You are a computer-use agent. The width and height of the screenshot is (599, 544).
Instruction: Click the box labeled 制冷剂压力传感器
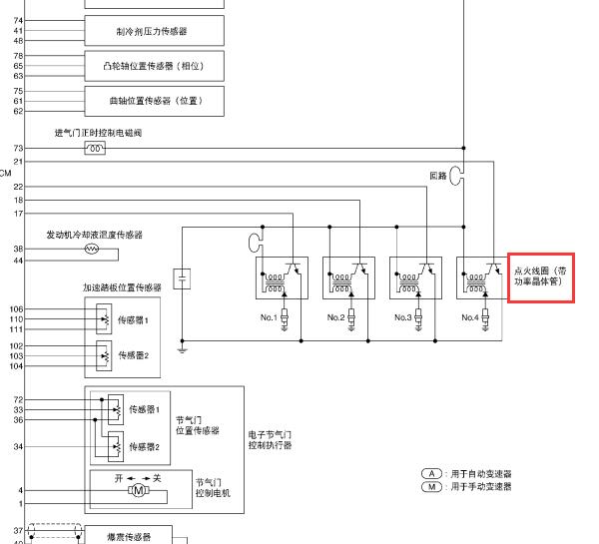(x=154, y=32)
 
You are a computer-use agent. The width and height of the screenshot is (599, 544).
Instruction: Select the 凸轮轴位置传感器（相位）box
(x=154, y=66)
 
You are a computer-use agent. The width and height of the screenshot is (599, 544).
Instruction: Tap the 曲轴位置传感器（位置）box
(x=154, y=100)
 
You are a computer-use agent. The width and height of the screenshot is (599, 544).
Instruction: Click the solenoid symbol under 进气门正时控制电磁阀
(x=96, y=149)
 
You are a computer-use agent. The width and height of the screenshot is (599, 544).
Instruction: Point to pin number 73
(x=18, y=149)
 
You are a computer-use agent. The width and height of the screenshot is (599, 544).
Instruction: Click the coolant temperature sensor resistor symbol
(x=93, y=249)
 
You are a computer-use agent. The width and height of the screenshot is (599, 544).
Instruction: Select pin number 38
(x=18, y=249)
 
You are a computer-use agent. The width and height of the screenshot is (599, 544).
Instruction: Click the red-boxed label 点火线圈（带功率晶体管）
(x=540, y=275)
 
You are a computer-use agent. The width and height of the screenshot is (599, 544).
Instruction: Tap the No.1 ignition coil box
(x=283, y=277)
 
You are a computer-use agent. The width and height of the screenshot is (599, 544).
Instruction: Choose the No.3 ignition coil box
(x=414, y=277)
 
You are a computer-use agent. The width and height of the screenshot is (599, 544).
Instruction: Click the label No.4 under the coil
(x=470, y=317)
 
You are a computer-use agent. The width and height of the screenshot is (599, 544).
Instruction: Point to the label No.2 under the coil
(x=335, y=317)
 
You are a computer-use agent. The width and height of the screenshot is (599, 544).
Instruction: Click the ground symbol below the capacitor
(x=182, y=348)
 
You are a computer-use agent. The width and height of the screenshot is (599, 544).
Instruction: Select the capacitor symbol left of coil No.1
(x=182, y=277)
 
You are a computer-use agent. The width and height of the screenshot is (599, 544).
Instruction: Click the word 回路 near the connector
(x=437, y=176)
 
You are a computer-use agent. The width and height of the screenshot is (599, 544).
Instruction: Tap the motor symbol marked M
(x=137, y=490)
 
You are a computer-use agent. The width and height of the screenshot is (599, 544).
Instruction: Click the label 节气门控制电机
(x=213, y=487)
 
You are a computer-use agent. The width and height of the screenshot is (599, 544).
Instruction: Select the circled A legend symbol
(x=431, y=473)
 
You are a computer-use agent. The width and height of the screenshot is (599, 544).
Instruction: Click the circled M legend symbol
(x=431, y=486)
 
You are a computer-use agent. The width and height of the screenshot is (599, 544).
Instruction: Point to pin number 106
(x=17, y=309)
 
